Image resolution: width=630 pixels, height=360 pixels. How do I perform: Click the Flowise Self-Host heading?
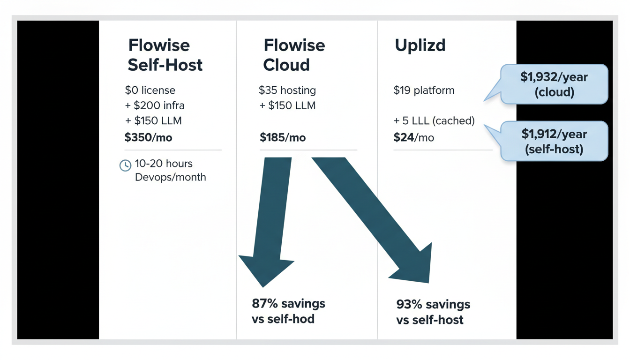click(165, 55)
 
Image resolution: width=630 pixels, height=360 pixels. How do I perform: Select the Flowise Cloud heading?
click(294, 55)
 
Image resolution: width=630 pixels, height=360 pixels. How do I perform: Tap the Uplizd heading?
click(420, 45)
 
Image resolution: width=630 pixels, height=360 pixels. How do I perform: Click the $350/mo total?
click(145, 137)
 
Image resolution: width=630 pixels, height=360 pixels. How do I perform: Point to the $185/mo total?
click(283, 138)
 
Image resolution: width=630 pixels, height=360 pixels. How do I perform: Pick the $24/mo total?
click(414, 138)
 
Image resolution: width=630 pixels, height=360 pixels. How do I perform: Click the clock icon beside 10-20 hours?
click(125, 165)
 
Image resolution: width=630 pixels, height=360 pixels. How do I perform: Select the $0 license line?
click(150, 90)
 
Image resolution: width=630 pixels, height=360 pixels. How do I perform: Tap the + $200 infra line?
click(155, 105)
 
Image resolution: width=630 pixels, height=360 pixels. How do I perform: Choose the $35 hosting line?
click(287, 90)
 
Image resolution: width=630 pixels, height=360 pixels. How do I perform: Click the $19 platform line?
click(424, 90)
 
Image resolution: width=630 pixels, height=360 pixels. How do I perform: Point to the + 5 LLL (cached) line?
click(434, 121)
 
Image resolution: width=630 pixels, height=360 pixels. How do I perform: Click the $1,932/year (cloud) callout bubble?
click(554, 84)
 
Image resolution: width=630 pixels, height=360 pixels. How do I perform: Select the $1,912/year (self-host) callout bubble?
click(554, 141)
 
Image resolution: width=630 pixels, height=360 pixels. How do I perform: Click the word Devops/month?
click(170, 177)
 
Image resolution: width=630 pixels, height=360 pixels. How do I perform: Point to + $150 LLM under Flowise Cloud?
click(287, 105)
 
